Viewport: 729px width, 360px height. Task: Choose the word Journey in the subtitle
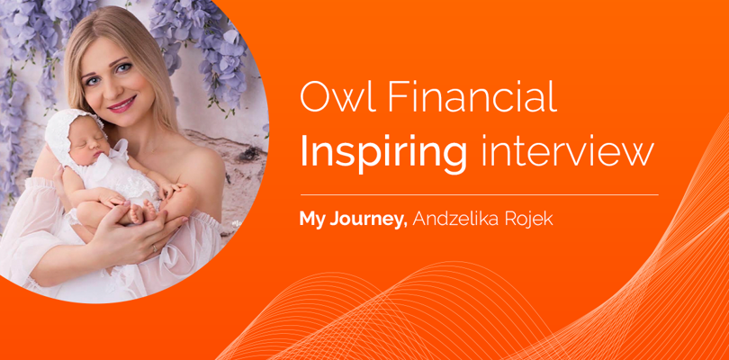tap(369, 220)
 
